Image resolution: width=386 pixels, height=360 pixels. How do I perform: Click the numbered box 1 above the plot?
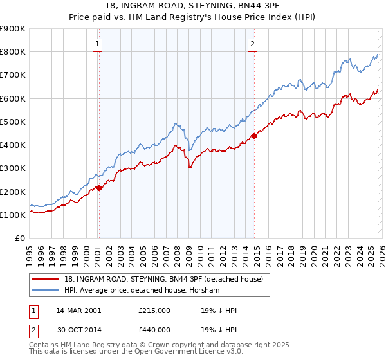pyautogui.click(x=97, y=44)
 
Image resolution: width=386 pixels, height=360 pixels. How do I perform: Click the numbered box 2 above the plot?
pyautogui.click(x=252, y=44)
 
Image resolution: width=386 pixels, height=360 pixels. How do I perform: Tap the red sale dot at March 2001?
pyautogui.click(x=99, y=188)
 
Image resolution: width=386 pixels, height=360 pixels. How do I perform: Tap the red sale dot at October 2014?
pyautogui.click(x=255, y=135)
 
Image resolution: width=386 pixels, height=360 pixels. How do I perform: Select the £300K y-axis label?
pyautogui.click(x=13, y=168)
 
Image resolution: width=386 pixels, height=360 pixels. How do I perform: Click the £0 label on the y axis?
pyautogui.click(x=19, y=239)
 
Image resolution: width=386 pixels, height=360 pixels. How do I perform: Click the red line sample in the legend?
pyautogui.click(x=46, y=279)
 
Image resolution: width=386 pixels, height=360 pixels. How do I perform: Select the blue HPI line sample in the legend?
pyautogui.click(x=46, y=291)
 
